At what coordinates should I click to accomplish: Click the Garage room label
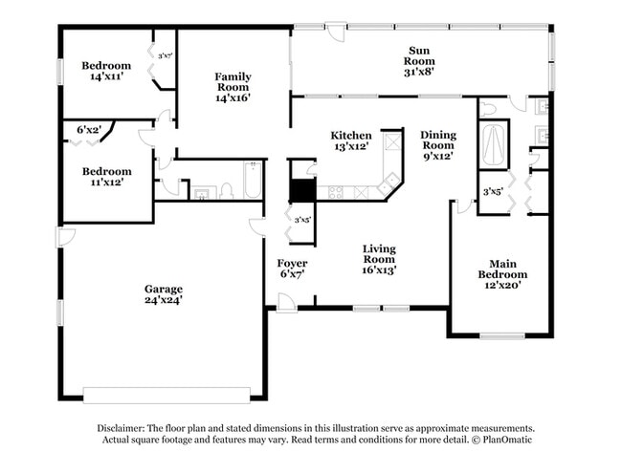coord(164,289)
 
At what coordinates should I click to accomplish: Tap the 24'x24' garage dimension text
coord(164,300)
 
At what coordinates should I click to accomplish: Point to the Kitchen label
coord(350,135)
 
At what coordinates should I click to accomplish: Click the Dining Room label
coord(437,140)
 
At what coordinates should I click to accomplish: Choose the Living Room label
coord(379,254)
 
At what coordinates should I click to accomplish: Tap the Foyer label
coord(292,263)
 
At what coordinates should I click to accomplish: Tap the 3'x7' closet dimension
coord(166,56)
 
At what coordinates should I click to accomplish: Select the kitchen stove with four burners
coord(337,191)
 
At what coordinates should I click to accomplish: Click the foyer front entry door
coord(283,303)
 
